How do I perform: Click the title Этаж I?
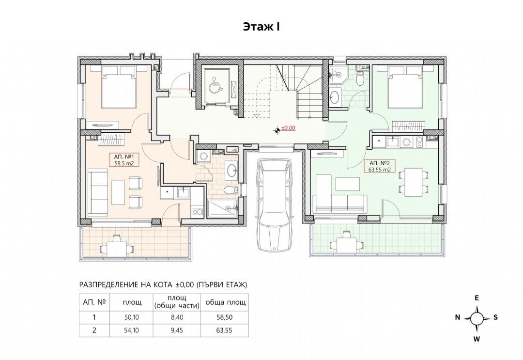261,27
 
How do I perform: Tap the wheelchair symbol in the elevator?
216,87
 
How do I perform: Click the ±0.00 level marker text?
289,127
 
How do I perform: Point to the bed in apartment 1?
119,86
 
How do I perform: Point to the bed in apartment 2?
406,86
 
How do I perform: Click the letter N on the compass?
458,317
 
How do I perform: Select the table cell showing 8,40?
176,317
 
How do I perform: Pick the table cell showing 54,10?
132,330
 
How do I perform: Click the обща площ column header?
225,303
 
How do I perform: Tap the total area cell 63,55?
225,330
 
